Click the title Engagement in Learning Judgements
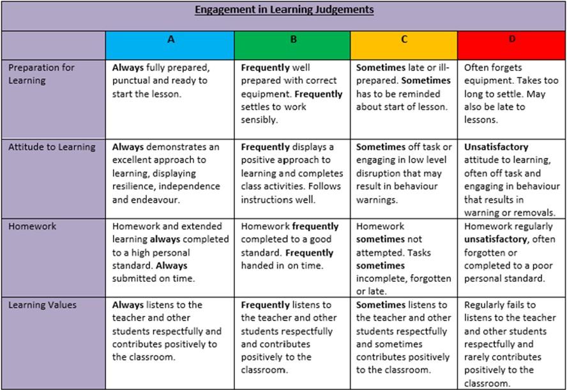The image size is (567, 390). [x=284, y=10]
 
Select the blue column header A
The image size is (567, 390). [x=170, y=40]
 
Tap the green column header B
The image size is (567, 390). [x=293, y=40]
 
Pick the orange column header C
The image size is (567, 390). [x=404, y=40]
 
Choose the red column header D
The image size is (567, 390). [x=511, y=40]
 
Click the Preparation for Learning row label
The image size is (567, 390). [x=42, y=74]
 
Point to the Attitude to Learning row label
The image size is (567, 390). [x=52, y=147]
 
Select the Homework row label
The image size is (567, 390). [x=33, y=226]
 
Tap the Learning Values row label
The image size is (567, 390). [x=42, y=305]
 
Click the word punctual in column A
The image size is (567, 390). [x=132, y=81]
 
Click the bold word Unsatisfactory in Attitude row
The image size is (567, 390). [x=496, y=147]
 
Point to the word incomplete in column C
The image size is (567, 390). [x=381, y=279]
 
